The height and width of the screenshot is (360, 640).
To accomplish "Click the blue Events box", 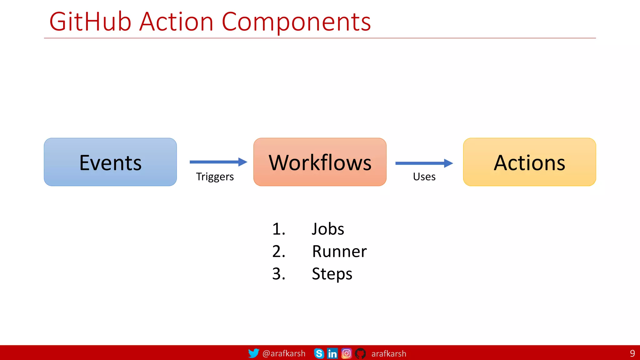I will [x=110, y=162].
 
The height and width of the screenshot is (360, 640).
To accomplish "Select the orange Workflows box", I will [x=320, y=162].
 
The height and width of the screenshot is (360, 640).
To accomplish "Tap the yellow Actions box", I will [x=529, y=162].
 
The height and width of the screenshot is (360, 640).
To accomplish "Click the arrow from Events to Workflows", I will [x=218, y=162].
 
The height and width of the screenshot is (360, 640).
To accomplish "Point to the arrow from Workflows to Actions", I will [x=424, y=163].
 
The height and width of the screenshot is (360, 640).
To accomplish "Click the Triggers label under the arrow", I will [x=215, y=177].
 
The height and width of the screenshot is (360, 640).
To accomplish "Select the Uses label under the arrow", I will [x=424, y=177].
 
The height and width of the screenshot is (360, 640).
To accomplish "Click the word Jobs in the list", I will [x=328, y=229].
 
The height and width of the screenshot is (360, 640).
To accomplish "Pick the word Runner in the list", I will [x=339, y=252].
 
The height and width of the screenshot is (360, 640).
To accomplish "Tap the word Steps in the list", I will [x=332, y=274].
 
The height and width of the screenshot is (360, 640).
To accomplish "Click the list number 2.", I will [x=278, y=252].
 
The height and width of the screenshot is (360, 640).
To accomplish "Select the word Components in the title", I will [x=296, y=22].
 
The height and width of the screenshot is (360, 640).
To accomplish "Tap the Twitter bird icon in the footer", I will [x=253, y=353].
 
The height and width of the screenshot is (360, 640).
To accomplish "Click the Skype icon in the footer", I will [x=319, y=353].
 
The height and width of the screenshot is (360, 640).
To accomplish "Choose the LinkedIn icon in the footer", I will [x=332, y=353].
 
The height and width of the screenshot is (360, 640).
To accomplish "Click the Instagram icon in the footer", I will [x=346, y=353].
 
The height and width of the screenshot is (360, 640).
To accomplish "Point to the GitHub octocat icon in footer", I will [x=360, y=353].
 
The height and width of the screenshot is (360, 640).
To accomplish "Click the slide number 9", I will [x=632, y=353].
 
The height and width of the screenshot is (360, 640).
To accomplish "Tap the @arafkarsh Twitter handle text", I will [x=284, y=353].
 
